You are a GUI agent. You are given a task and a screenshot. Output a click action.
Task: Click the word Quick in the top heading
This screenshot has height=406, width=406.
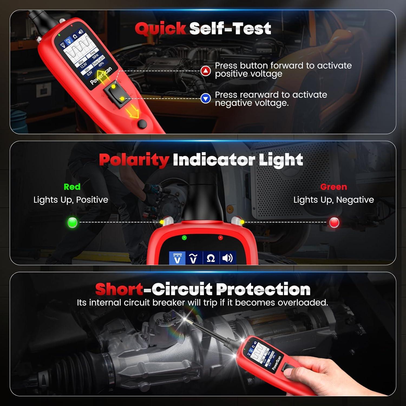(x=160, y=29)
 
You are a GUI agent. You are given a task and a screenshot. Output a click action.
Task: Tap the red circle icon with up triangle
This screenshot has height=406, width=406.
(x=206, y=71)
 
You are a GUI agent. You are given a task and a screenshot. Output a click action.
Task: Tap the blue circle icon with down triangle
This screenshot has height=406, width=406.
(x=206, y=99)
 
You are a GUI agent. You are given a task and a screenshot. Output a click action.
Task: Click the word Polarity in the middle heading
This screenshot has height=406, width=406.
(x=134, y=160)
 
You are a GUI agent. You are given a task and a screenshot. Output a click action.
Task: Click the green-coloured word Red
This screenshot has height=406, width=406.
(x=72, y=187)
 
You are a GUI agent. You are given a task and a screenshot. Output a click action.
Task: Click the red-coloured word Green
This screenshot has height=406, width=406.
(x=333, y=187)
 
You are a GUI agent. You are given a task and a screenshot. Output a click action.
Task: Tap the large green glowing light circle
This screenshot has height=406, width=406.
(x=72, y=222)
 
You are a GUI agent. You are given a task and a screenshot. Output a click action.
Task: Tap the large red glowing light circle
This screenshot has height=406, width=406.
(x=334, y=222)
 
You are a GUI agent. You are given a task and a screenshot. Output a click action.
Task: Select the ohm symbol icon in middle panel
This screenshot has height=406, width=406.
(x=211, y=258)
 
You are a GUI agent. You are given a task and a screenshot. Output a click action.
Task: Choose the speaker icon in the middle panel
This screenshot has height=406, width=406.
(x=227, y=258)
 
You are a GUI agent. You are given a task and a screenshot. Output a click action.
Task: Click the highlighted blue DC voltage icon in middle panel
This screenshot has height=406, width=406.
(x=177, y=258)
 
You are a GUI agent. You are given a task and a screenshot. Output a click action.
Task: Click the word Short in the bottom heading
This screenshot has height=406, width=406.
(x=119, y=289)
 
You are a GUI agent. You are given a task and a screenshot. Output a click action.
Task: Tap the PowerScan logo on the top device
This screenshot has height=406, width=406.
(x=101, y=76)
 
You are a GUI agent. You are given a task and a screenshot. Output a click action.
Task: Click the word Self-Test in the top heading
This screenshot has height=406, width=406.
(x=230, y=29)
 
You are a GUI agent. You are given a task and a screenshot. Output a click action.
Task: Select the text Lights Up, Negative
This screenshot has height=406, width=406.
(x=333, y=200)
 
